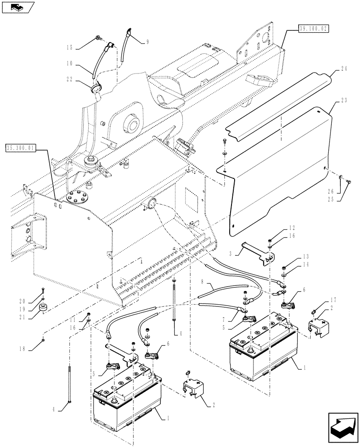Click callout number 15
(x=68, y=47)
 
